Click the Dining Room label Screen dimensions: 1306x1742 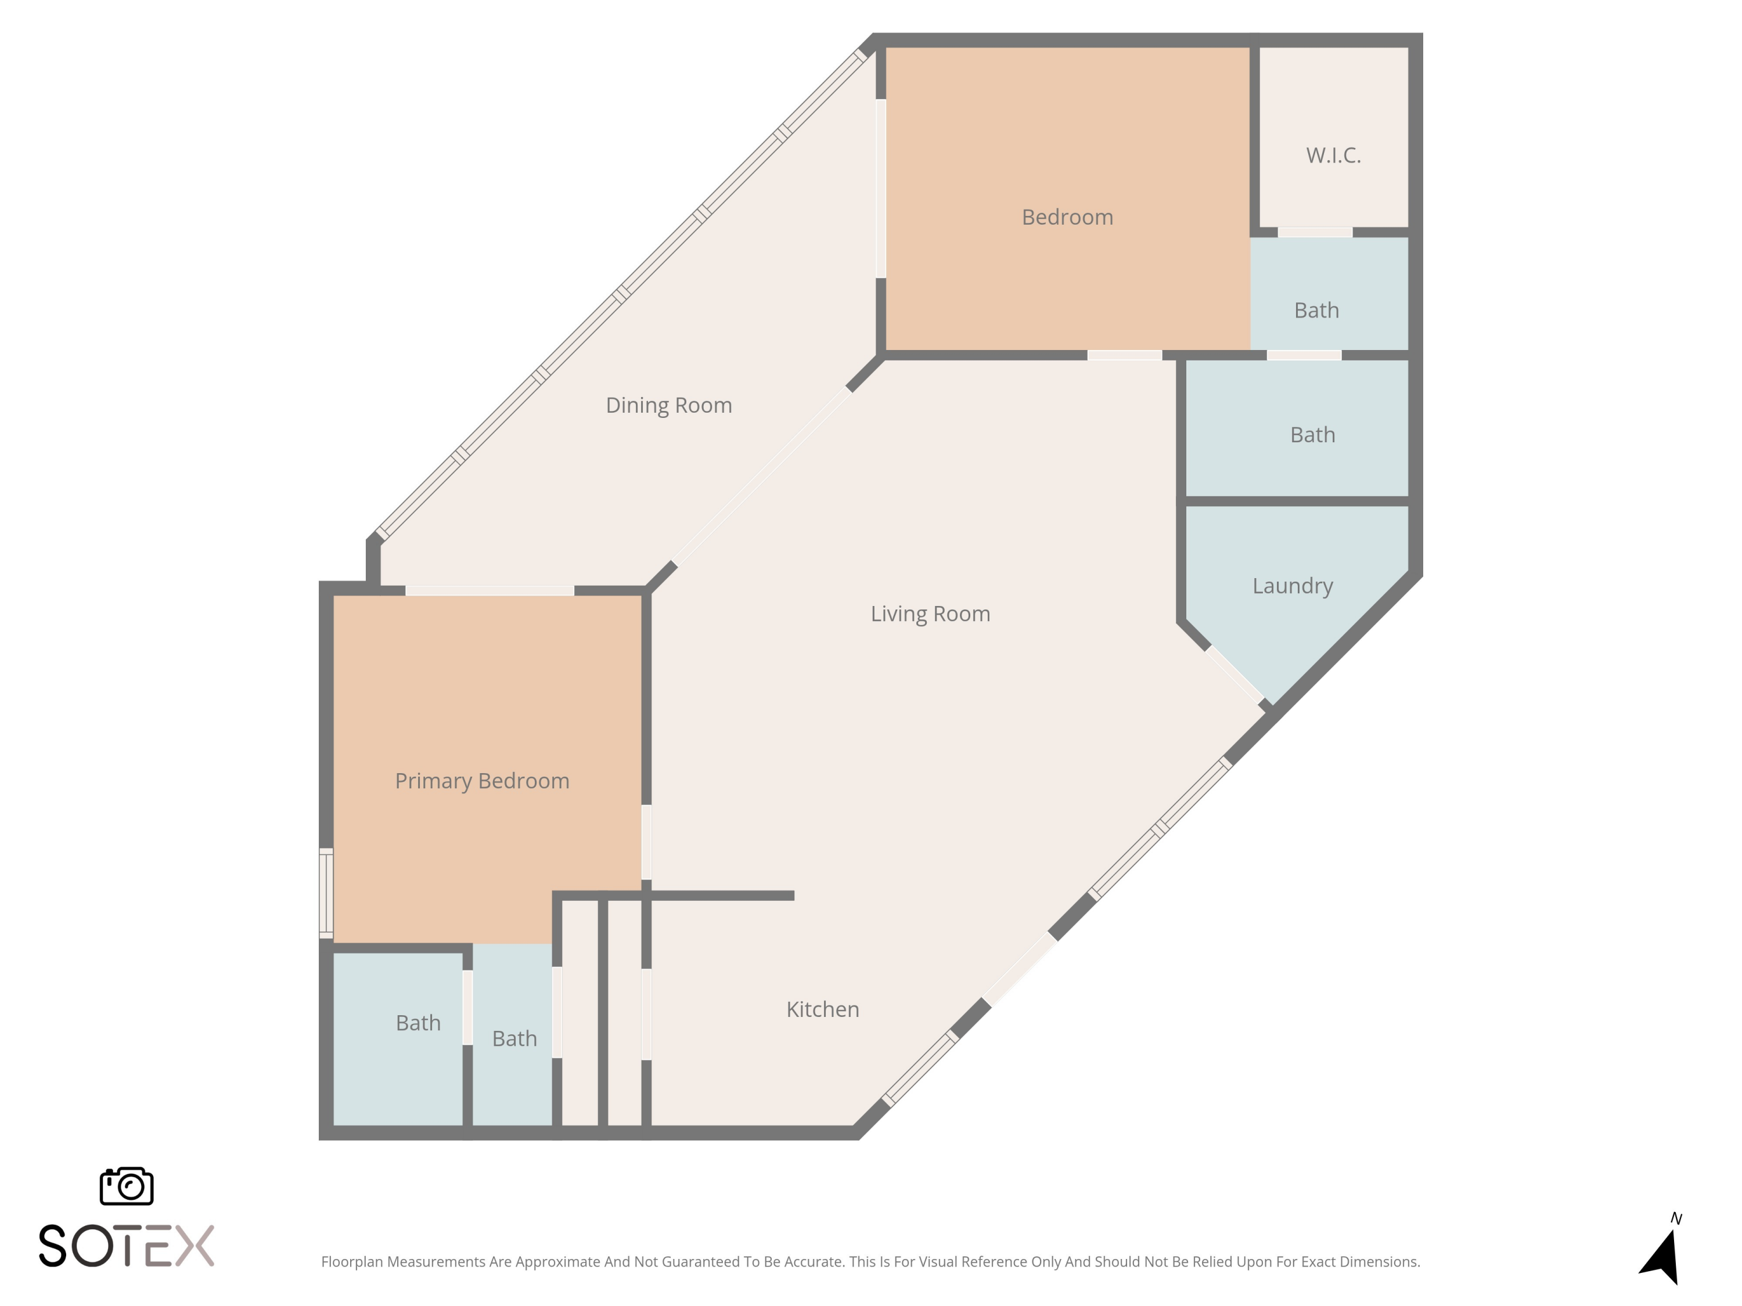pyautogui.click(x=668, y=405)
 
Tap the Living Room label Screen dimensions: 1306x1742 pyautogui.click(x=930, y=614)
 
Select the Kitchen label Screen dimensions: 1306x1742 pyautogui.click(x=822, y=1009)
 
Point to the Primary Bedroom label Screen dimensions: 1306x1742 pyautogui.click(x=482, y=781)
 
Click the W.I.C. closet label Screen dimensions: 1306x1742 pyautogui.click(x=1333, y=156)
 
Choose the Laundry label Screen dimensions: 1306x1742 pyautogui.click(x=1293, y=586)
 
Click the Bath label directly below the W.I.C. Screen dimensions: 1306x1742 pyautogui.click(x=1316, y=311)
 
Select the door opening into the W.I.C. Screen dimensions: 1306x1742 pyautogui.click(x=1315, y=232)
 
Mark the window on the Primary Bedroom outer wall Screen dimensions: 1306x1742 pyautogui.click(x=326, y=893)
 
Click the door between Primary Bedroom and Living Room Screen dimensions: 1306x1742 pyautogui.click(x=646, y=842)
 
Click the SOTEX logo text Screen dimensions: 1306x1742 pyautogui.click(x=127, y=1246)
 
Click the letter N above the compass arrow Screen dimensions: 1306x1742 pyautogui.click(x=1676, y=1218)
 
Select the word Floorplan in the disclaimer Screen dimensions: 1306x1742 pyautogui.click(x=352, y=1262)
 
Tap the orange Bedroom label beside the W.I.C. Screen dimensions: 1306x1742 pyautogui.click(x=1067, y=217)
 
